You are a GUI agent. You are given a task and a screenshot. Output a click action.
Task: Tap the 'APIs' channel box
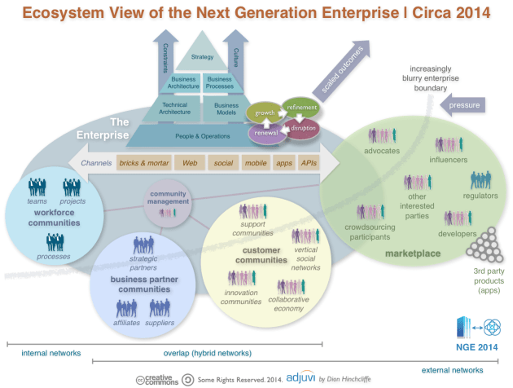click(308, 163)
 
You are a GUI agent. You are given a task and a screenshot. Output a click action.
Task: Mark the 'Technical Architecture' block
click(175, 108)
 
